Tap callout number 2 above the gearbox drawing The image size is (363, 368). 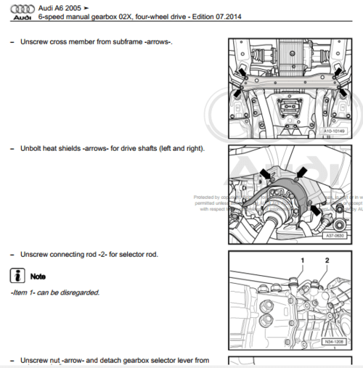(x=327, y=258)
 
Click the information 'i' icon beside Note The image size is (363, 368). (x=16, y=276)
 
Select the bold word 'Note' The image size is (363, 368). (x=38, y=277)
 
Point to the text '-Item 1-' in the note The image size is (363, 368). (x=24, y=293)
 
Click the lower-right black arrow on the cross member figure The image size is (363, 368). (x=339, y=91)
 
